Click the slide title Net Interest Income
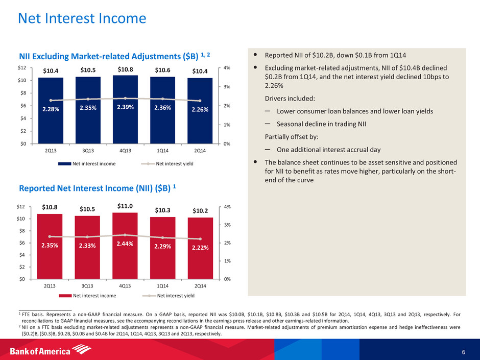pos(82,19)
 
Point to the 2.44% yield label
pos(125,244)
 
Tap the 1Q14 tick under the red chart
pos(163,286)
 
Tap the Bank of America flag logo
pos(82,349)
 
